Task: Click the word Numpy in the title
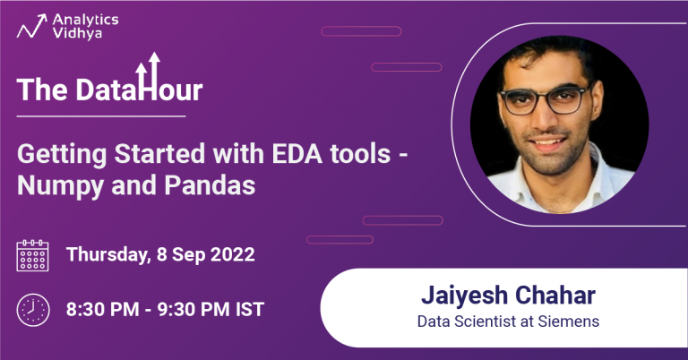(54, 185)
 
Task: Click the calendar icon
(33, 255)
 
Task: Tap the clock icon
(33, 310)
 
